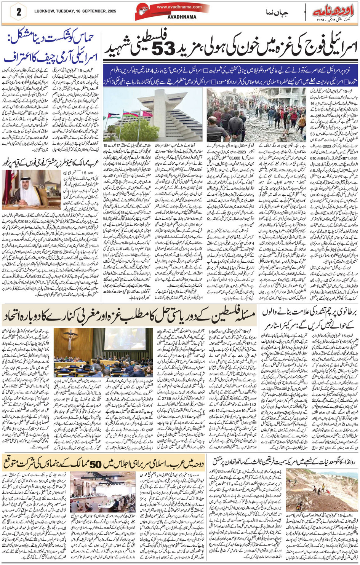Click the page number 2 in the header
18,11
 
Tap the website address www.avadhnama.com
174,7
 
